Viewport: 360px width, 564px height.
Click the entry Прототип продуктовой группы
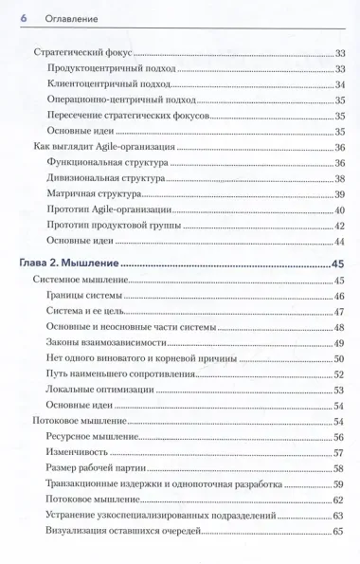pyautogui.click(x=113, y=224)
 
